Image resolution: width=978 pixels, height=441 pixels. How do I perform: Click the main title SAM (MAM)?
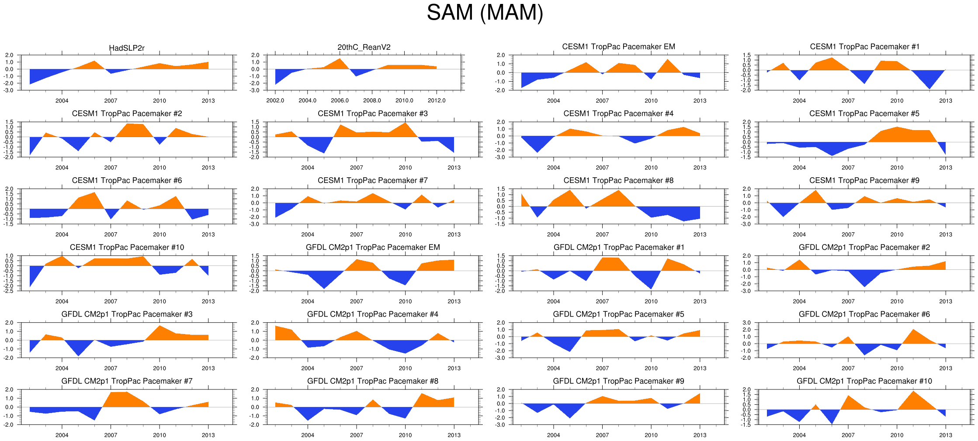(485, 13)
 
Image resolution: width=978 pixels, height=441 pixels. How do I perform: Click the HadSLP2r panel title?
(127, 48)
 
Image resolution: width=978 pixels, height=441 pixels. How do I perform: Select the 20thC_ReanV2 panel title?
(364, 47)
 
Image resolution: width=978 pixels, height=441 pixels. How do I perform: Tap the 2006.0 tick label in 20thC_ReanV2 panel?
(340, 101)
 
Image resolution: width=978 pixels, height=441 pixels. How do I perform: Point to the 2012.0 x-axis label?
(437, 101)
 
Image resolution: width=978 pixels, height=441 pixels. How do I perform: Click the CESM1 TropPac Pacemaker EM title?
(618, 47)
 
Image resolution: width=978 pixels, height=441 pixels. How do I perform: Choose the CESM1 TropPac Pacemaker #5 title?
(864, 114)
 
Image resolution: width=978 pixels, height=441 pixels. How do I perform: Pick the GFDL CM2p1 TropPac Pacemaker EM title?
(373, 248)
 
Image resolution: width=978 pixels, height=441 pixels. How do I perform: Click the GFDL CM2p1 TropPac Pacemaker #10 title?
(864, 381)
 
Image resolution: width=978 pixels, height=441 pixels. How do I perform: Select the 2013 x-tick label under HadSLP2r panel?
(208, 101)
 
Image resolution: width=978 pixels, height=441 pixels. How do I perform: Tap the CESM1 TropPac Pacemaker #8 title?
(618, 181)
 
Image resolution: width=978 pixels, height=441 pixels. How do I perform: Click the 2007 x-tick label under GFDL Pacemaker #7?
(111, 435)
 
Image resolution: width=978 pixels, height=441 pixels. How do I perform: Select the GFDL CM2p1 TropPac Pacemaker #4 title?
(373, 314)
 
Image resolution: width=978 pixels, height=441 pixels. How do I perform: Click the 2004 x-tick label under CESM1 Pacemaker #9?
(799, 234)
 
